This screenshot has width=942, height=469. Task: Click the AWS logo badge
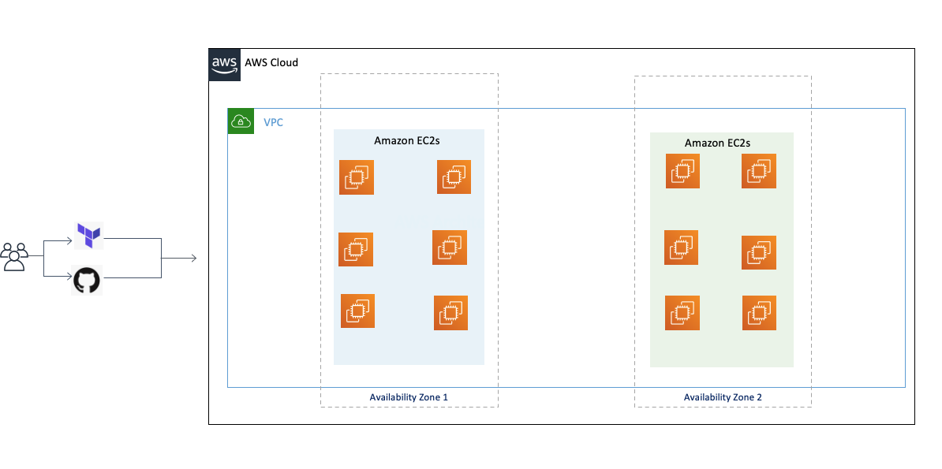pyautogui.click(x=225, y=65)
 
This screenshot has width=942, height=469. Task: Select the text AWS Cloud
pyautogui.click(x=271, y=62)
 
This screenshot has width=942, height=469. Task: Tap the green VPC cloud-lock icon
pyautogui.click(x=241, y=121)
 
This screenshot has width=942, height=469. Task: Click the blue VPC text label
pyautogui.click(x=273, y=122)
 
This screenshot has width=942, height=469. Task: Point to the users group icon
pyautogui.click(x=14, y=257)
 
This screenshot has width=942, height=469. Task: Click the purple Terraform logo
pyautogui.click(x=88, y=235)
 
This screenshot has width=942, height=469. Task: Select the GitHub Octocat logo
pyautogui.click(x=87, y=280)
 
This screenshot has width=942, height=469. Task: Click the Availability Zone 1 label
pyautogui.click(x=409, y=397)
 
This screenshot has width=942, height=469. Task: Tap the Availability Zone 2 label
pyautogui.click(x=723, y=397)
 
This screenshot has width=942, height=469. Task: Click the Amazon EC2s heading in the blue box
pyautogui.click(x=408, y=141)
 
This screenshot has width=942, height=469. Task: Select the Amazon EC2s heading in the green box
pyautogui.click(x=717, y=143)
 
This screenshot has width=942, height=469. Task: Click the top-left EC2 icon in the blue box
pyautogui.click(x=357, y=177)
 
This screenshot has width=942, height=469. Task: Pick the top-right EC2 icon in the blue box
pyautogui.click(x=454, y=177)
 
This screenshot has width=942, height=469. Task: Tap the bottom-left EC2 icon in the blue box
pyautogui.click(x=357, y=311)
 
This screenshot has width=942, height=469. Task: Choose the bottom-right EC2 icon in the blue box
pyautogui.click(x=451, y=313)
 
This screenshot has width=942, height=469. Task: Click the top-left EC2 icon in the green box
pyautogui.click(x=682, y=171)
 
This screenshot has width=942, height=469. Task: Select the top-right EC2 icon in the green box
pyautogui.click(x=759, y=171)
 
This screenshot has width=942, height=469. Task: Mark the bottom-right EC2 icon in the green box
pyautogui.click(x=760, y=313)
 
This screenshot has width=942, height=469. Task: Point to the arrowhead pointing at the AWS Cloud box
pyautogui.click(x=194, y=259)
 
